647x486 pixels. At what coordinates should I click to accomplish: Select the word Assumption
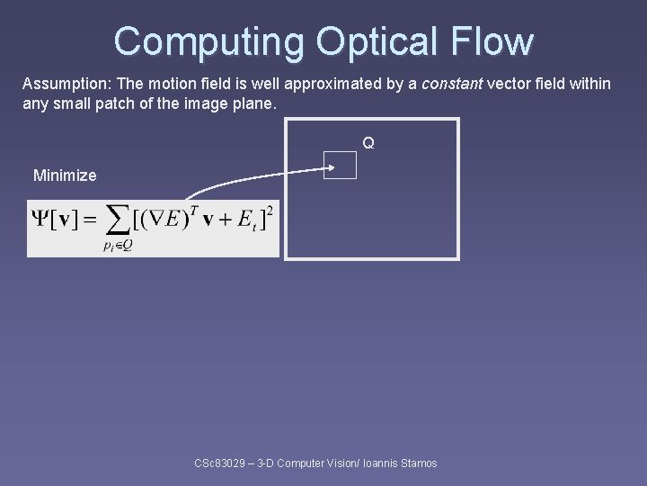(62, 84)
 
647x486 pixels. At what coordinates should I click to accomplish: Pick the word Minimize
(65, 175)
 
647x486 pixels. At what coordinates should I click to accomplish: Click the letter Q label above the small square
(368, 143)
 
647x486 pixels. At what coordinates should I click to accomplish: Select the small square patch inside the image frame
(341, 166)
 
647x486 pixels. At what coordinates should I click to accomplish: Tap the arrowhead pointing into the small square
(330, 166)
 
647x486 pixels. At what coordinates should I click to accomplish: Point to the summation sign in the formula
(117, 220)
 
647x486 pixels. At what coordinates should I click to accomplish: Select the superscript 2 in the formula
(270, 210)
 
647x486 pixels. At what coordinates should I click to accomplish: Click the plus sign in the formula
(220, 219)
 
